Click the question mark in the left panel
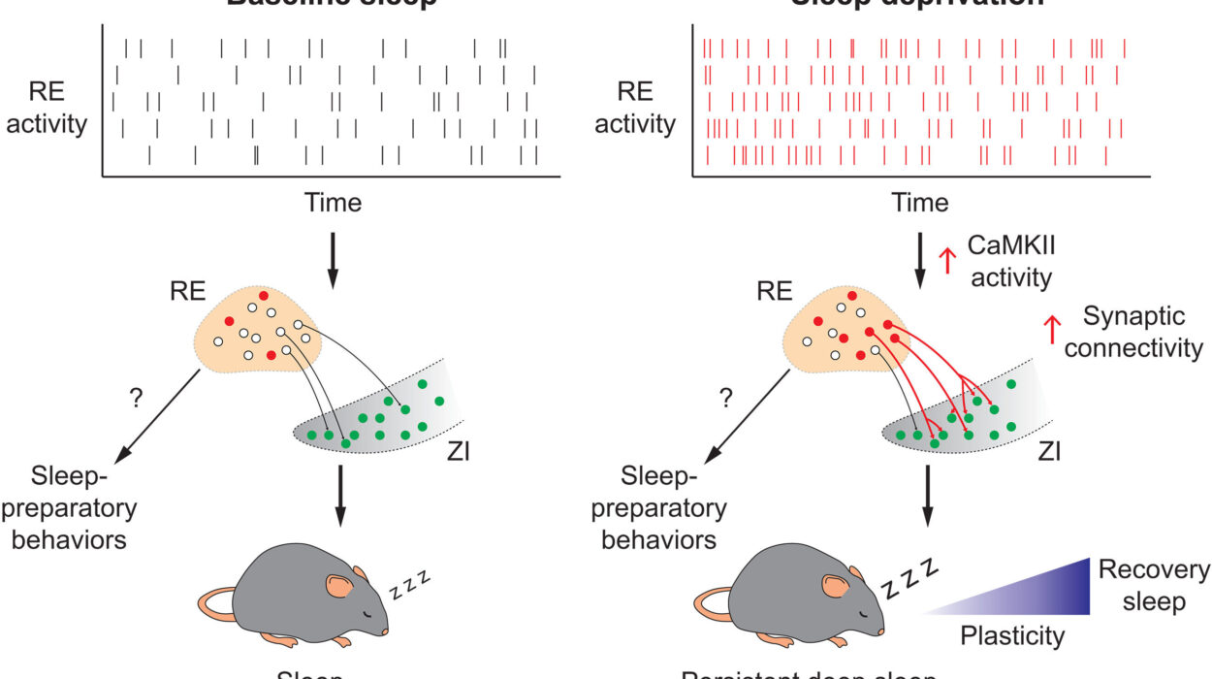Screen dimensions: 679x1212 point(136,398)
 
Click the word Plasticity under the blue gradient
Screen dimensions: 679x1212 point(1012,636)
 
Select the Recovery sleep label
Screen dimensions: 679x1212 point(1155,586)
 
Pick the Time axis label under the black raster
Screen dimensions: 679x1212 point(333,204)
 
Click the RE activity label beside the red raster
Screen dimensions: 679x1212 point(635,108)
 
